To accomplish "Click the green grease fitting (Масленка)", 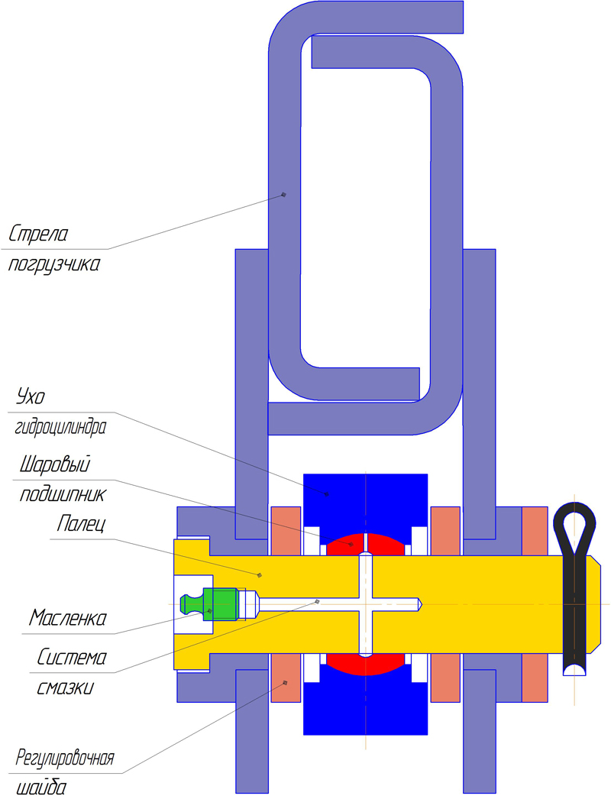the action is tap(210, 604).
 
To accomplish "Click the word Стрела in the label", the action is tap(38, 235).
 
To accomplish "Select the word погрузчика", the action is tap(53, 265).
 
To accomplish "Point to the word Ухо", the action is tap(31, 396).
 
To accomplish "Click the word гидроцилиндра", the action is tap(60, 427).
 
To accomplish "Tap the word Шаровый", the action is tap(55, 464).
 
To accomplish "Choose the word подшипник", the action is tap(63, 495).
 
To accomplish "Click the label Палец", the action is tap(81, 524).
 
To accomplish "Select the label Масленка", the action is tap(68, 619).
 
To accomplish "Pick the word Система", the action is tap(72, 658).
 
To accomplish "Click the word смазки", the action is tap(65, 688).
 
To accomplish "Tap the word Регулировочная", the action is tap(65, 759).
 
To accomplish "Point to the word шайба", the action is tap(41, 788).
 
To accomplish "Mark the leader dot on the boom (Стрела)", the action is tap(284, 194).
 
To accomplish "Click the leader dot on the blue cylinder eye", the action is tap(327, 493).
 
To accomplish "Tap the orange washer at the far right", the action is tap(535, 604).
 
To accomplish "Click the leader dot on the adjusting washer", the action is tap(286, 682).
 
